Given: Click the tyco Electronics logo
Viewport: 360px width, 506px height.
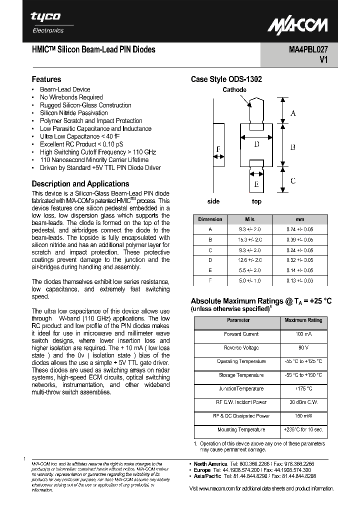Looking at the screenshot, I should [47, 22].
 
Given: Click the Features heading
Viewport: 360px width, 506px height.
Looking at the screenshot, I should [46, 79].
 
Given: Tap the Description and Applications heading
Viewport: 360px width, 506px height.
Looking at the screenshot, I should [80, 183].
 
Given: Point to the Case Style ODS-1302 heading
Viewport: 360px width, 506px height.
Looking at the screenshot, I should [226, 79].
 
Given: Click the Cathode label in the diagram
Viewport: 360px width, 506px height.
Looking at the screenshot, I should [234, 90].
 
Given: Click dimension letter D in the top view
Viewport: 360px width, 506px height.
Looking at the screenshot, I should [256, 144].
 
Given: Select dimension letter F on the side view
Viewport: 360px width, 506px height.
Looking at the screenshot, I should [218, 149].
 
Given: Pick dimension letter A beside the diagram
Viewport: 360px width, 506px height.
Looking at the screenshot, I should [293, 113].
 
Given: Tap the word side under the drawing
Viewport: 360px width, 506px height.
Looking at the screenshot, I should [213, 201].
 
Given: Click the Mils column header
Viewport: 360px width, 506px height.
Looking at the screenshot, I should [249, 219].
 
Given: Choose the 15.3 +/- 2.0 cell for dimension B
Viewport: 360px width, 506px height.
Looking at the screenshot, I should [249, 239].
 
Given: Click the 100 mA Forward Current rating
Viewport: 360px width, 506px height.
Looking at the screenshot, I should [303, 334].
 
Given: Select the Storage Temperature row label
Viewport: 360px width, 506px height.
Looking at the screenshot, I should [240, 375].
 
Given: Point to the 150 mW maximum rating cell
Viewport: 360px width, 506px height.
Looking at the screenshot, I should [303, 416].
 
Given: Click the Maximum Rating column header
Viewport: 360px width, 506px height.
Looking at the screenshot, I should [303, 320].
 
